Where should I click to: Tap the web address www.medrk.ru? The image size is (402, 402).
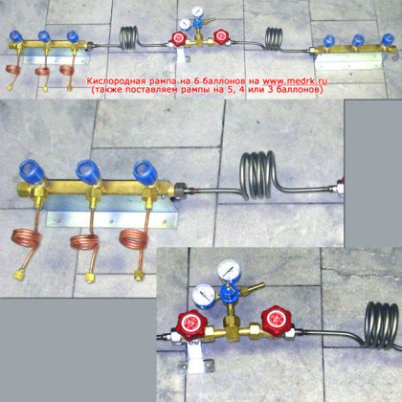[x=295, y=80]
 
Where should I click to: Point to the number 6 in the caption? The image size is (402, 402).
[x=196, y=80]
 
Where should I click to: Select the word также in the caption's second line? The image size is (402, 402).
[x=107, y=89]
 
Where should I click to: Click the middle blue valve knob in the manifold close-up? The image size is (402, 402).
[x=88, y=171]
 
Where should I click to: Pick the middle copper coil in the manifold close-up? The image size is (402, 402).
[x=84, y=242]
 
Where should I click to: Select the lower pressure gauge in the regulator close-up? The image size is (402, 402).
[x=203, y=296]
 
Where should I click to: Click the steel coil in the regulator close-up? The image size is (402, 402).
[x=381, y=325]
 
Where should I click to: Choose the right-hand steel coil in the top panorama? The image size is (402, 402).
[x=274, y=39]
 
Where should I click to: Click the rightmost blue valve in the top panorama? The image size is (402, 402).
[x=389, y=39]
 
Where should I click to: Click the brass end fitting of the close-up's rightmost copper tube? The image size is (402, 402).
[x=139, y=276]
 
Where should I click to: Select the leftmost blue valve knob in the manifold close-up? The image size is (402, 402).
[x=32, y=171]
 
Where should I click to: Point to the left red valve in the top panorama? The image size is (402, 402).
[x=179, y=38]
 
